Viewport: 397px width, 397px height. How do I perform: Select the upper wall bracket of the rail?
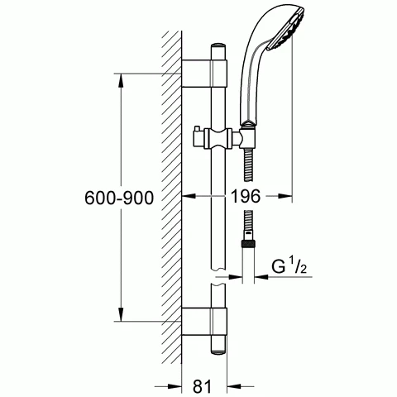click(203, 73)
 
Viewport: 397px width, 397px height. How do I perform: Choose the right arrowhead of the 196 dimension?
click(289, 197)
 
